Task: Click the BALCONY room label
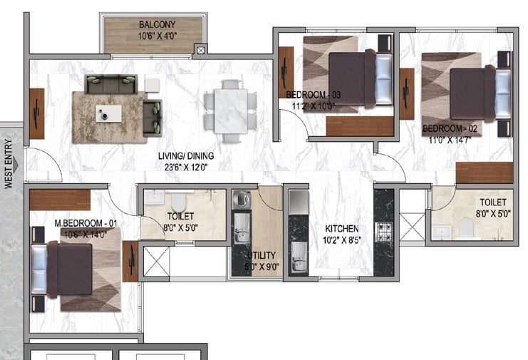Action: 157,24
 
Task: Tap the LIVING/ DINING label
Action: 186,156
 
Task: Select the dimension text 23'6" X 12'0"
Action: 186,168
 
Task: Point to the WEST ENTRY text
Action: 9,164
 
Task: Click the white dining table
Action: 231,110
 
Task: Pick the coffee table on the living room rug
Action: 109,113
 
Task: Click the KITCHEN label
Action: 342,229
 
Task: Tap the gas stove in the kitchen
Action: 384,232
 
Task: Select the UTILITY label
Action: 262,255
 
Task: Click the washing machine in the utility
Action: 241,200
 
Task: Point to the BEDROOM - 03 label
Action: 313,95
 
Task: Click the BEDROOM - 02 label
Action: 450,128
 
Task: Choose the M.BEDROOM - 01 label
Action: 86,223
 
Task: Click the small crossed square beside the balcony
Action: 201,51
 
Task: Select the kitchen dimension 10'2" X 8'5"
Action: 342,240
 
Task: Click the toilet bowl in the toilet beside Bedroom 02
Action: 467,226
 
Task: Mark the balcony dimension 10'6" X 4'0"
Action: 157,36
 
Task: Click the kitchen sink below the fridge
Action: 299,257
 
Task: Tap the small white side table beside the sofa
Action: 152,86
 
